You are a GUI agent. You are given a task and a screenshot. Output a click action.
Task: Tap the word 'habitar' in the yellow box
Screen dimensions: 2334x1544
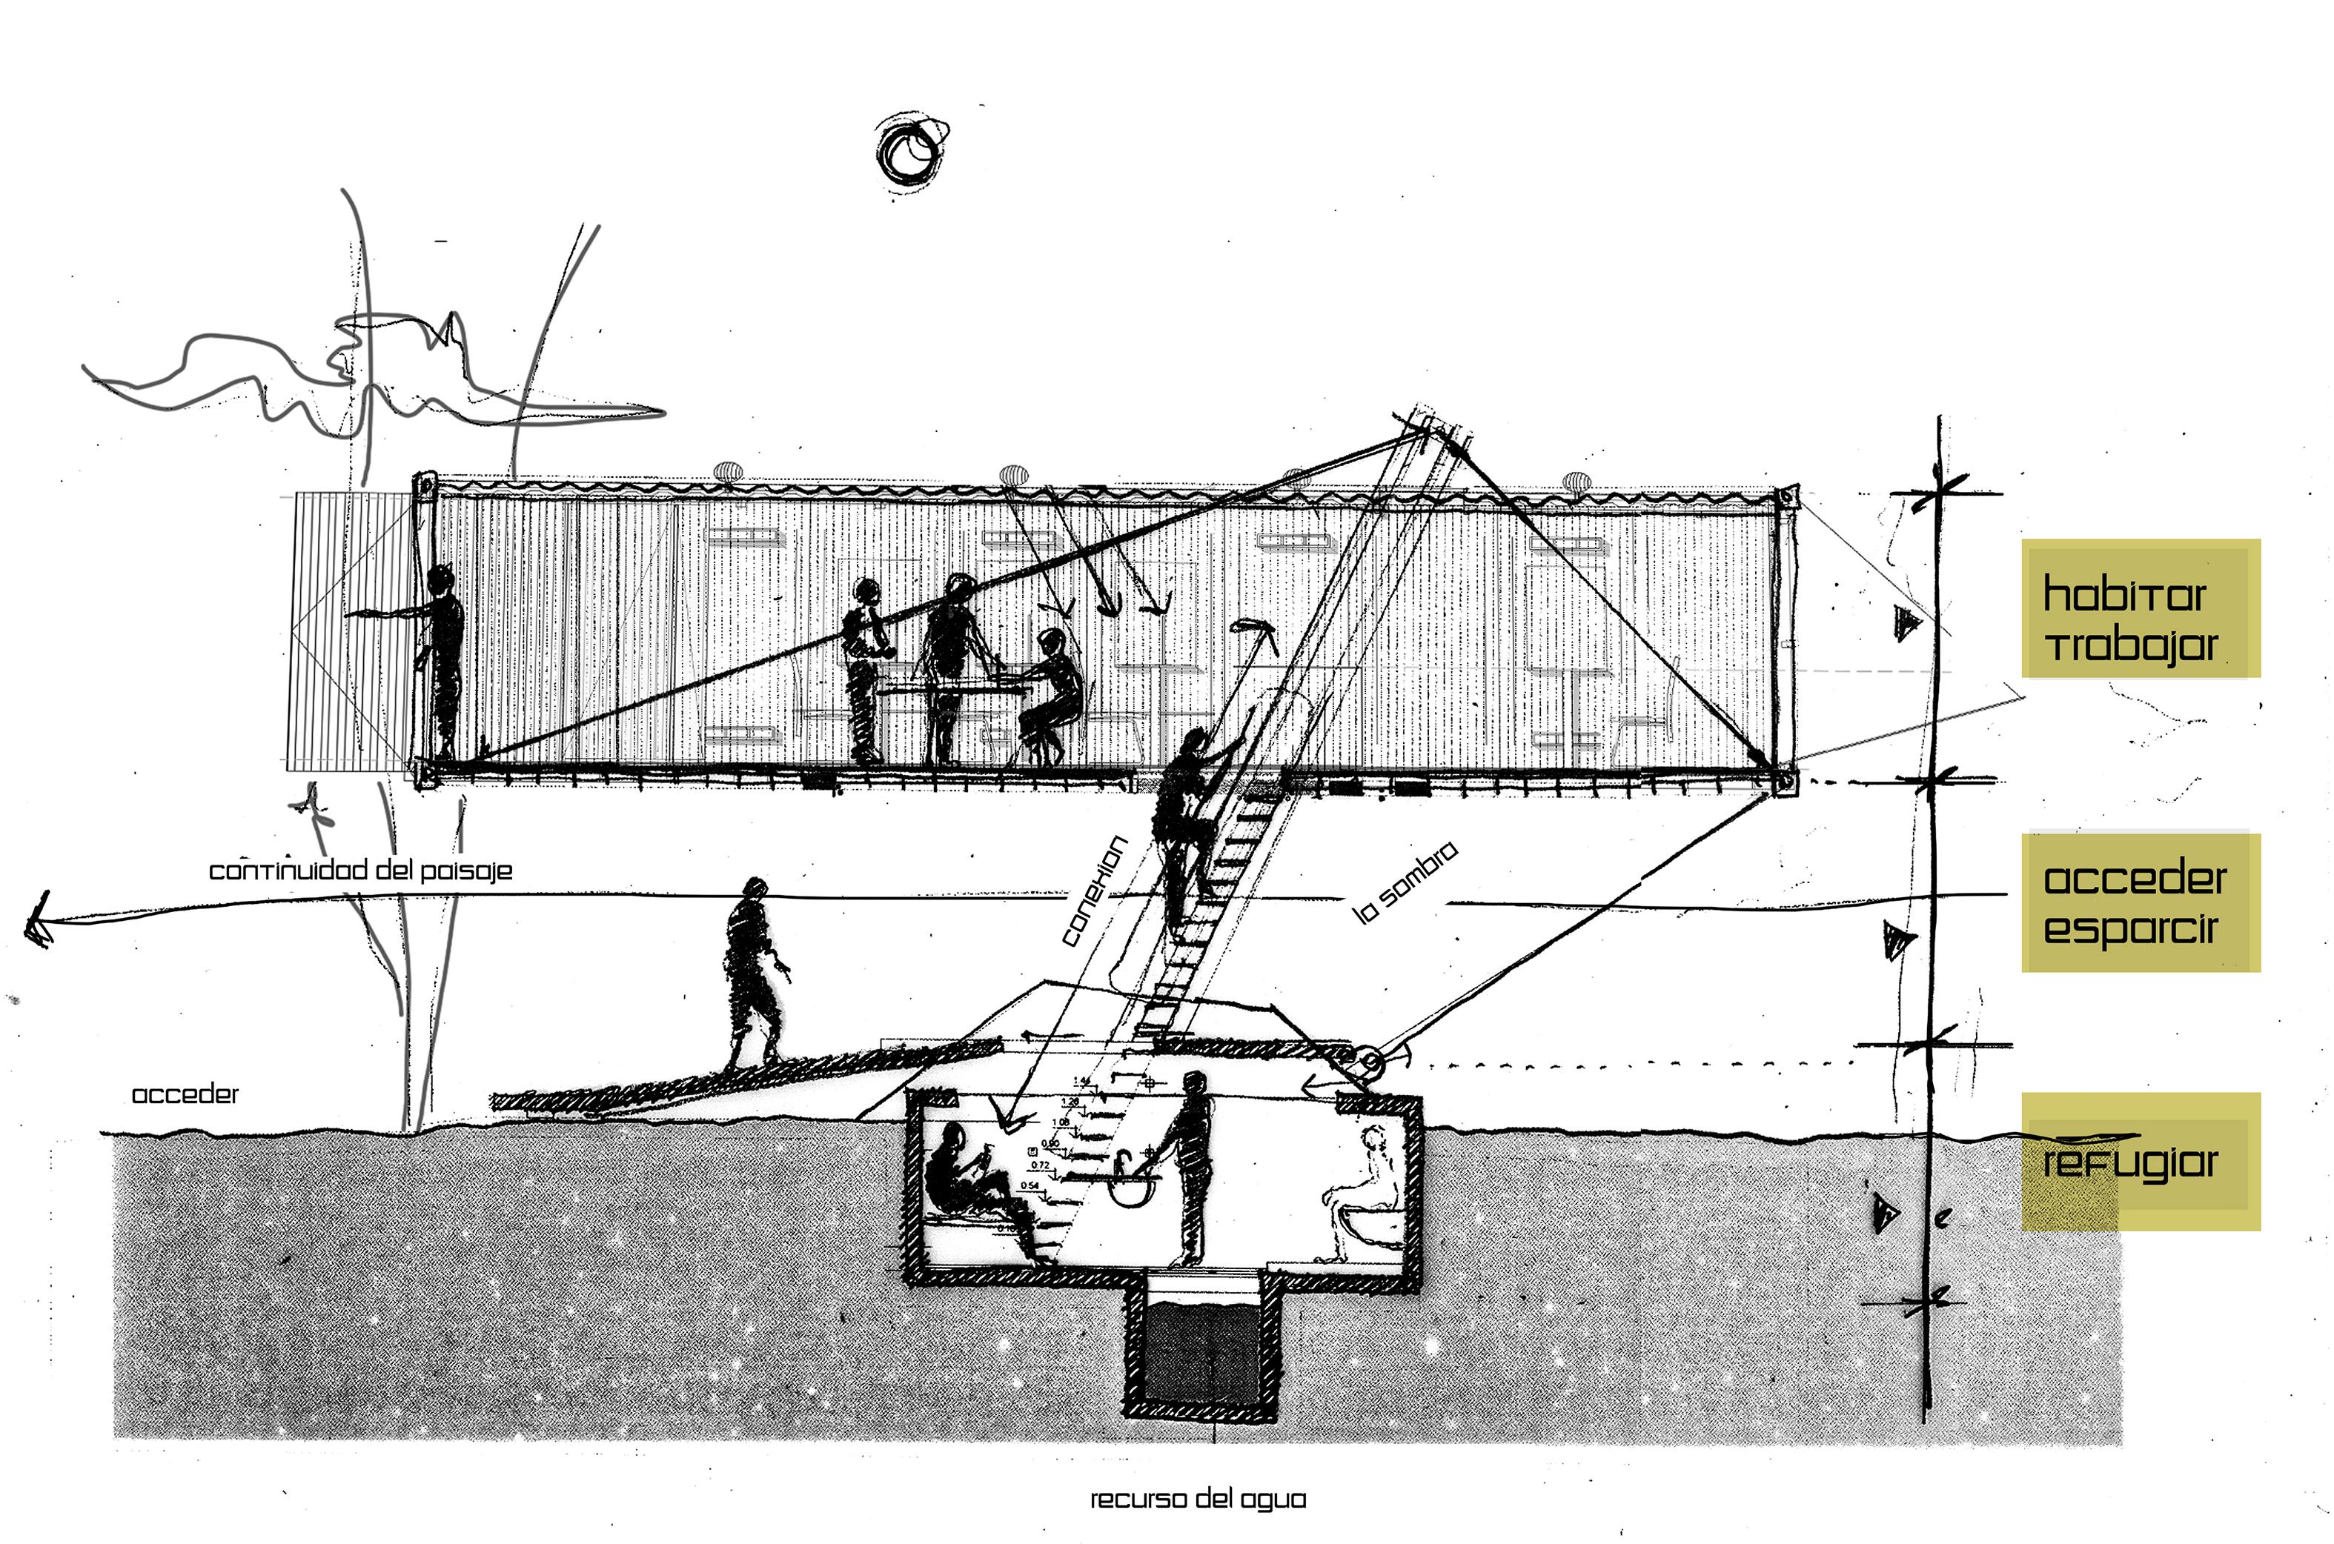tap(2124, 595)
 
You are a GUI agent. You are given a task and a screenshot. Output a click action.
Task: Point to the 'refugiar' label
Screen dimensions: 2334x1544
tap(2129, 1163)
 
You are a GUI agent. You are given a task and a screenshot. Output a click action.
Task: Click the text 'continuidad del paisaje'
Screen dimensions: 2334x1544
tap(360, 871)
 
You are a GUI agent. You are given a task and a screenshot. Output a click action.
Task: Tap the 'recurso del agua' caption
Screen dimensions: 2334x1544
tap(1198, 1499)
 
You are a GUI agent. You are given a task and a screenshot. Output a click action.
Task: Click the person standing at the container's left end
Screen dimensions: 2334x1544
tap(441, 659)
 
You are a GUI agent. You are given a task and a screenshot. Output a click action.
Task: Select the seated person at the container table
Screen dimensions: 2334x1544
tap(1051, 695)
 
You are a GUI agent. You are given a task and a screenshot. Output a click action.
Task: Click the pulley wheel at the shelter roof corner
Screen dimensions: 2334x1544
tap(1370, 1062)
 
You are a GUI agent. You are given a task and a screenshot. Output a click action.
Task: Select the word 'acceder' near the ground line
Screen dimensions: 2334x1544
tap(185, 1094)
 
